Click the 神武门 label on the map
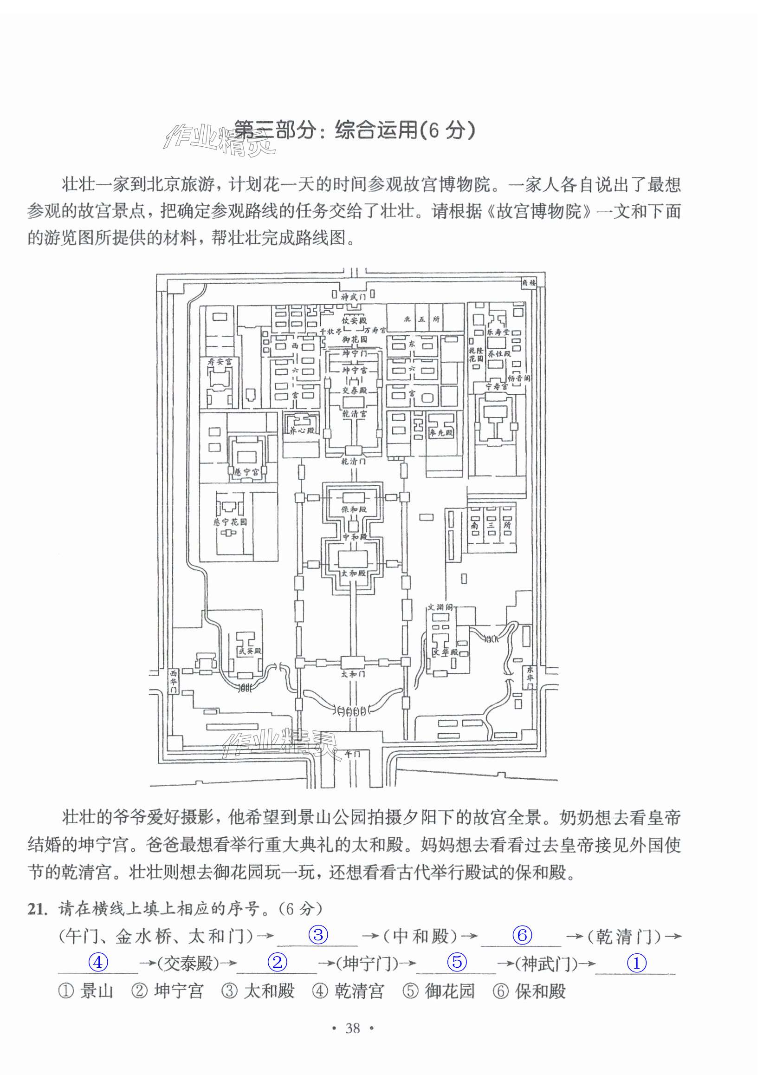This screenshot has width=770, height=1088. coord(353,297)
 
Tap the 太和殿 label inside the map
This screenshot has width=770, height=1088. coord(353,573)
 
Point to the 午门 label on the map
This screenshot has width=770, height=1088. coord(352,754)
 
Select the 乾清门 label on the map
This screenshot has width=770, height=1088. coord(353,461)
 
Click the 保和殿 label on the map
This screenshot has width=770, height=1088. coord(354,509)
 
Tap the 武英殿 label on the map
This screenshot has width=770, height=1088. coord(250,651)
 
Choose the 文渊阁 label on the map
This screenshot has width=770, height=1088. coord(440,607)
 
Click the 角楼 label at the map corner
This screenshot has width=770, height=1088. coord(529,283)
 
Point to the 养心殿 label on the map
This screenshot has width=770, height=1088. coord(302,430)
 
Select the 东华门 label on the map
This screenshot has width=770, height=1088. coord(530,678)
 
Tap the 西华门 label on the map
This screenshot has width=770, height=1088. coord(174,681)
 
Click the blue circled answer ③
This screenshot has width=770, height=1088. coord(318,935)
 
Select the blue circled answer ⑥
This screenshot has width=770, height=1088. coord(522,935)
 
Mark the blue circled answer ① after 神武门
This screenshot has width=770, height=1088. coord(636,963)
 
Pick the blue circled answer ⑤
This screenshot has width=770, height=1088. coord(457,962)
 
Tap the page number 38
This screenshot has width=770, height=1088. coord(353,1028)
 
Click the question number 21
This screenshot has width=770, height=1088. coord(38,909)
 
